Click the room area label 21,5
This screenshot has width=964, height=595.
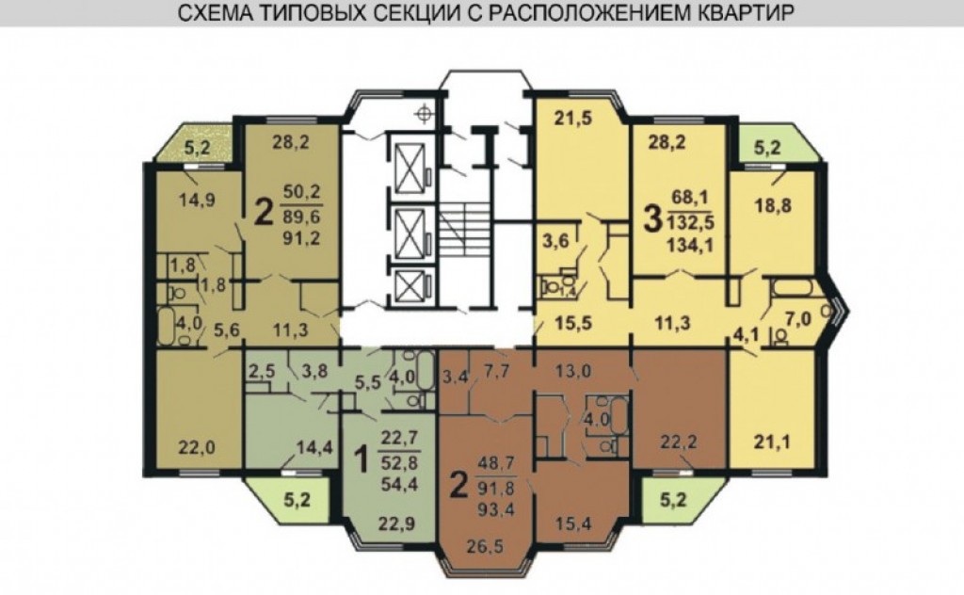(x=573, y=118)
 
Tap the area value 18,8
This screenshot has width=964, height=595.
(x=772, y=206)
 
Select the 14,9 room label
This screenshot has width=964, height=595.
(x=197, y=200)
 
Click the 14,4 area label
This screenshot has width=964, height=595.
(x=314, y=447)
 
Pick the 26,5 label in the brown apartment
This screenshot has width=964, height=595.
(x=484, y=546)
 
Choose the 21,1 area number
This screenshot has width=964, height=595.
(x=772, y=442)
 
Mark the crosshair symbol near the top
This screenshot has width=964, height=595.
(x=424, y=113)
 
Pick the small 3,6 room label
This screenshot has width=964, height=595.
(x=555, y=241)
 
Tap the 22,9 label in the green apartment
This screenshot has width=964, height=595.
(x=396, y=524)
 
